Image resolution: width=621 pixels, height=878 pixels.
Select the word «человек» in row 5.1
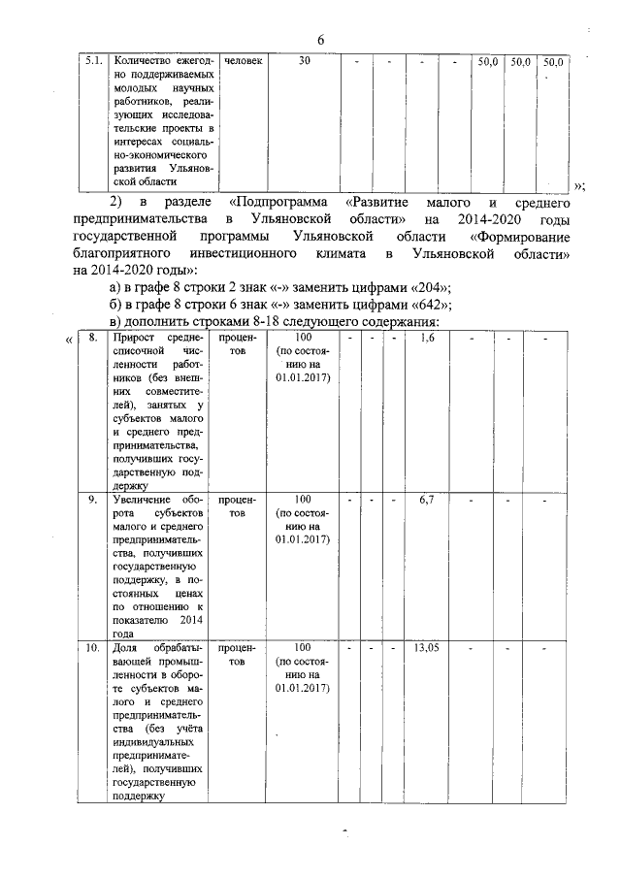[x=243, y=61]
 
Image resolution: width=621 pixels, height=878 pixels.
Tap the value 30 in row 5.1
[x=305, y=61]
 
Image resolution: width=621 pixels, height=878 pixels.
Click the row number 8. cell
[x=91, y=338]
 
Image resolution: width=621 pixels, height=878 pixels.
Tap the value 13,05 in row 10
[x=428, y=647]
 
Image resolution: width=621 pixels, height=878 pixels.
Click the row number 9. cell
[x=91, y=500]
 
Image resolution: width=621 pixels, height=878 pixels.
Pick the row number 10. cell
[x=91, y=647]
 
